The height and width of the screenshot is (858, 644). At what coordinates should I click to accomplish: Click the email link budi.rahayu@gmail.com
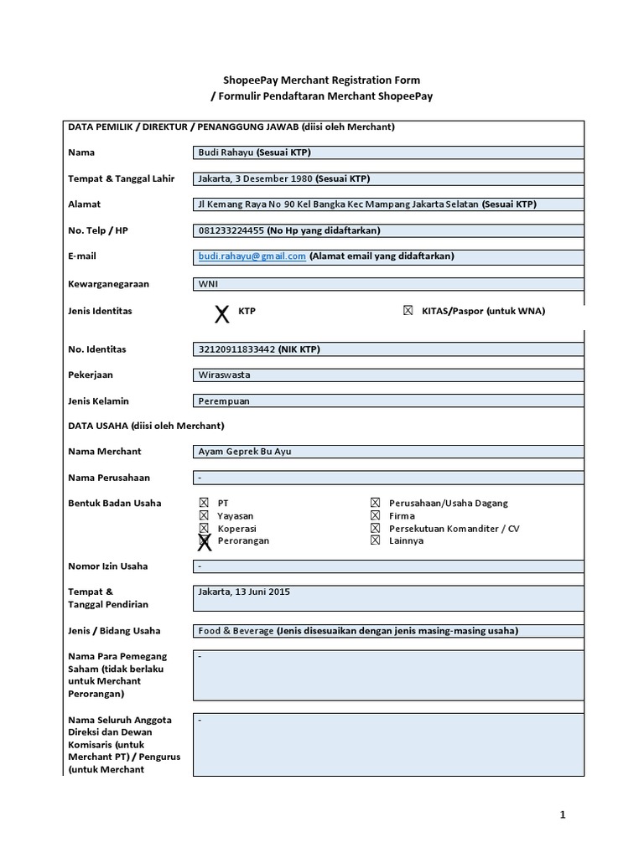[252, 256]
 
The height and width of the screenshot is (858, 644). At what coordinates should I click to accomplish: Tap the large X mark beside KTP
[221, 314]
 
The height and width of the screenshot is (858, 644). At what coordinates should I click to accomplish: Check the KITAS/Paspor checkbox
[408, 311]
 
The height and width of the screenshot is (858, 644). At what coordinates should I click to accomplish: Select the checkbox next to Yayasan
[204, 516]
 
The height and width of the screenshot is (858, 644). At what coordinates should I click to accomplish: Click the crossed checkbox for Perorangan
[204, 541]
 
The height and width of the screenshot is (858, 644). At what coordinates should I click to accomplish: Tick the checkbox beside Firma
[375, 516]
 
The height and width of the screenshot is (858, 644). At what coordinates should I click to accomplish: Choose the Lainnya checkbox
[375, 541]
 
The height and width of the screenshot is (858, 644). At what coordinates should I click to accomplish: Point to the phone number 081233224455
[231, 230]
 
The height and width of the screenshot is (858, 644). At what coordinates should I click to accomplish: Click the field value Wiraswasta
[224, 375]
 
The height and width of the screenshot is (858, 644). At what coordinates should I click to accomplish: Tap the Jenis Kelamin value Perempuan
[224, 401]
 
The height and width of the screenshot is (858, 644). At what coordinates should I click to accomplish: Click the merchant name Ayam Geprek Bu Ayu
[245, 452]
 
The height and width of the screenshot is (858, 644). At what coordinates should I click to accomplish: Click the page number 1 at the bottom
[563, 814]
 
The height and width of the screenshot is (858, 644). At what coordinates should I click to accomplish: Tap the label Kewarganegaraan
[108, 284]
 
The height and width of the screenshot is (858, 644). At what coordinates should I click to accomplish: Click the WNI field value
[207, 284]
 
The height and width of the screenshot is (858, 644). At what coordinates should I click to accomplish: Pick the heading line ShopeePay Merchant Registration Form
[322, 80]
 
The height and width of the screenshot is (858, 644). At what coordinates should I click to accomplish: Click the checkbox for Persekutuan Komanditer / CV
[375, 529]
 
